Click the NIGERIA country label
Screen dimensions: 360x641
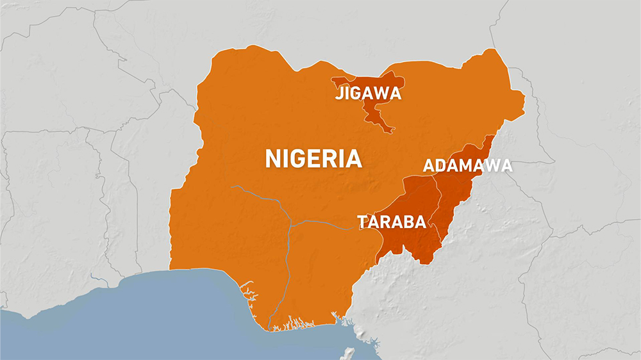point(313,158)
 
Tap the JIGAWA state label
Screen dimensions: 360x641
point(368,94)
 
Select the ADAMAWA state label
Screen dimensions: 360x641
point(467,167)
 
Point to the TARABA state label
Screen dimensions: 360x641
point(392,222)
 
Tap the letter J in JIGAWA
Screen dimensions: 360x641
point(338,94)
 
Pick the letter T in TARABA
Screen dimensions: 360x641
point(362,222)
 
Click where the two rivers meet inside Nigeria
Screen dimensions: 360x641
point(290,224)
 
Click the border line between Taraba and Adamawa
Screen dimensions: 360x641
point(438,199)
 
